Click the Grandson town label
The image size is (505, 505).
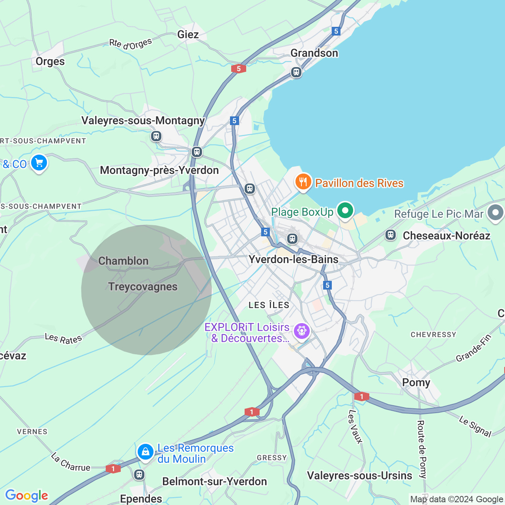(x=314, y=53)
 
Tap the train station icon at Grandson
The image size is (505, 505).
(x=296, y=72)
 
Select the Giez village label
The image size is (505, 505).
(x=188, y=35)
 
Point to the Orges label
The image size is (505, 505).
(x=50, y=62)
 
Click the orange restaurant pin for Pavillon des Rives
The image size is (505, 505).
(x=303, y=182)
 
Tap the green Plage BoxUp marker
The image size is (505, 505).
(x=345, y=211)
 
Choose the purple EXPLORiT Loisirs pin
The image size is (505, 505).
(x=302, y=331)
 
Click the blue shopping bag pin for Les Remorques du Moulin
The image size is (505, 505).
(x=145, y=452)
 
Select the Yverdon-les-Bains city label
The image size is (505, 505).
(x=294, y=259)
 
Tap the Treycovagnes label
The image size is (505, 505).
(x=143, y=287)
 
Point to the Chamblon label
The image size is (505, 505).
(x=123, y=261)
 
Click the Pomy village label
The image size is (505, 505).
(x=416, y=382)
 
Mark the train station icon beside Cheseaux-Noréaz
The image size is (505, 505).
(x=391, y=235)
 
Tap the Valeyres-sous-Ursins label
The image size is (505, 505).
(x=359, y=475)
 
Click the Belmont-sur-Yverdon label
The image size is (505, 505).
(x=215, y=481)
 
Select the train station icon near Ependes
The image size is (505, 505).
(x=139, y=474)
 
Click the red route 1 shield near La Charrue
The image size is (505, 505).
(x=113, y=469)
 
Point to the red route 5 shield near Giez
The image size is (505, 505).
(x=239, y=69)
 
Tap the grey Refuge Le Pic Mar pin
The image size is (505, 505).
(x=495, y=213)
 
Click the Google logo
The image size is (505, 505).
(x=26, y=496)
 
